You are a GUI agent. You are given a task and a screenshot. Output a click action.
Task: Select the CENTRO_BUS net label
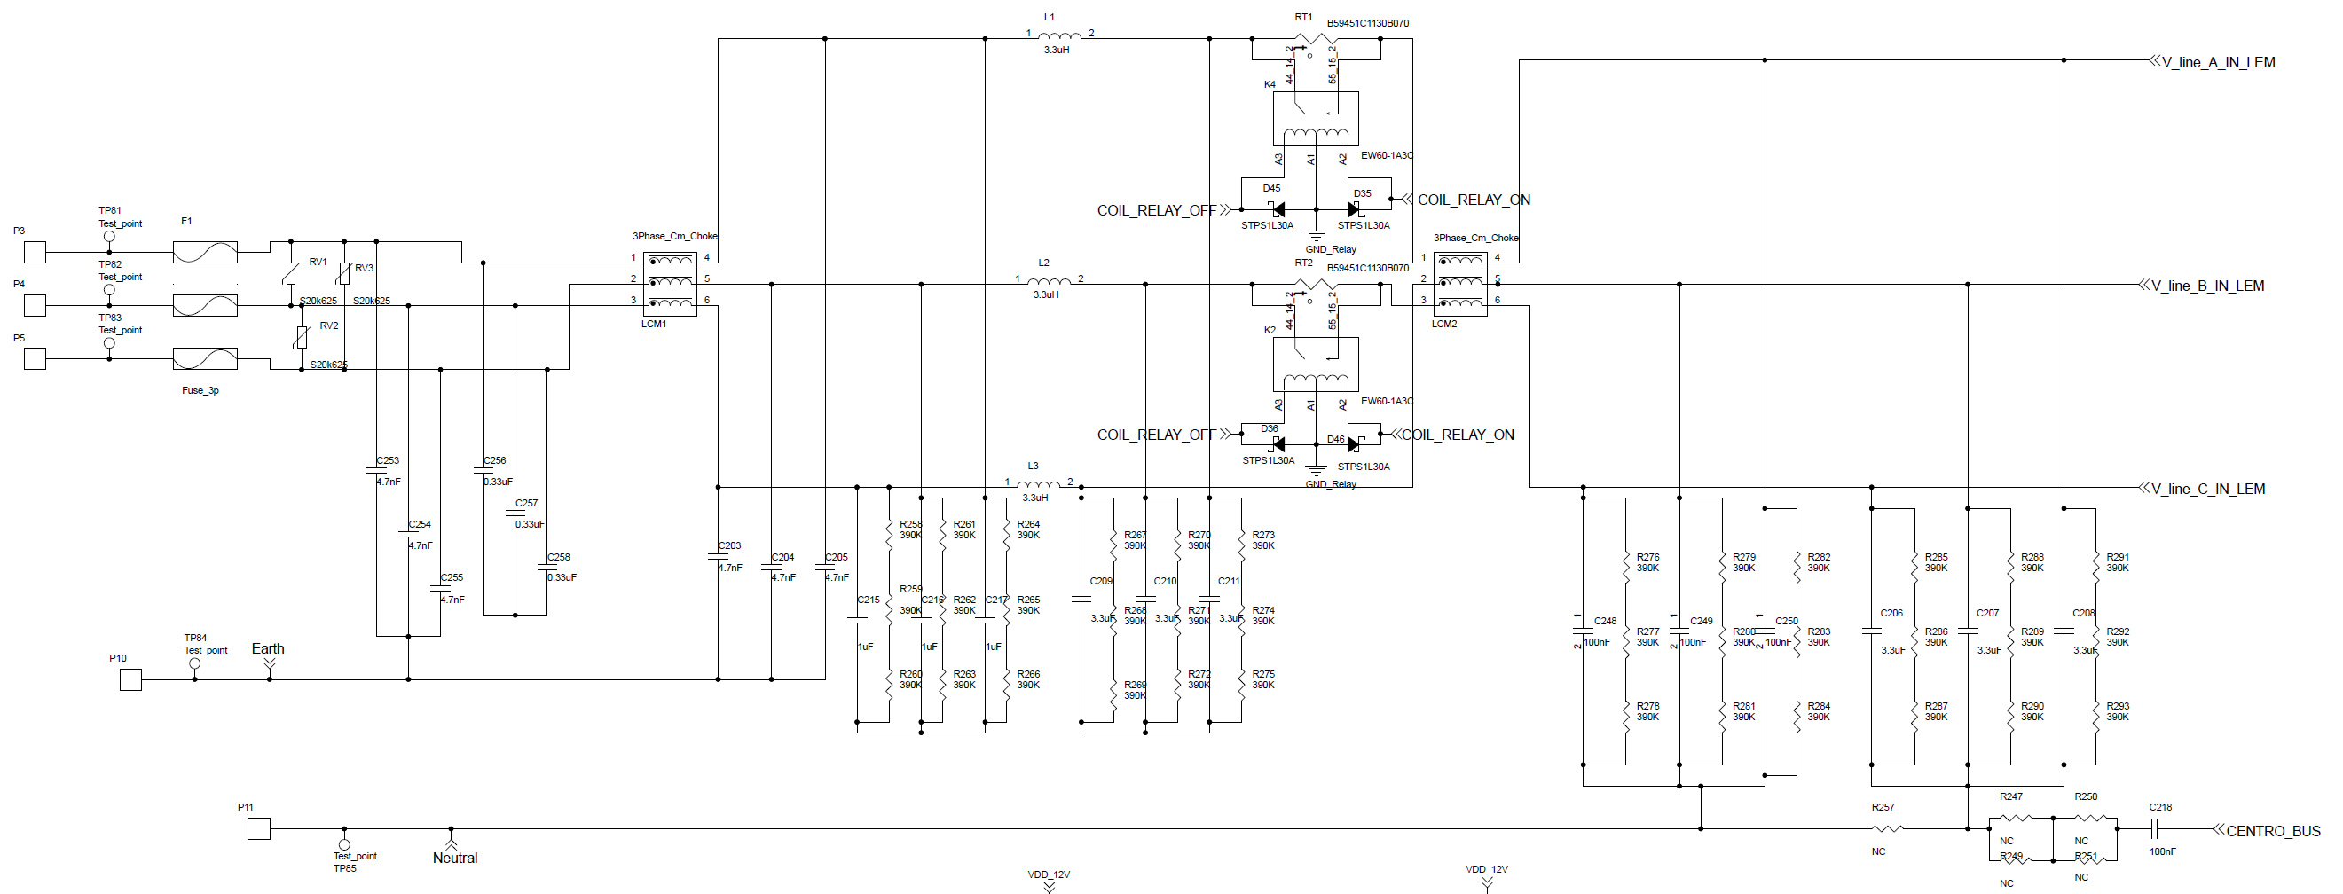pos(2272,830)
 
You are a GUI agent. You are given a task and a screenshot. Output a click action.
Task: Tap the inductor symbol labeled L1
pos(1059,35)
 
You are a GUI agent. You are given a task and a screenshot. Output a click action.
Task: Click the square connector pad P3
pos(35,252)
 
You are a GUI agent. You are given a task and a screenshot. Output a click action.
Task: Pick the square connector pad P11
pos(259,828)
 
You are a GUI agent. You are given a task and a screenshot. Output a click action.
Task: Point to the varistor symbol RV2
pos(302,337)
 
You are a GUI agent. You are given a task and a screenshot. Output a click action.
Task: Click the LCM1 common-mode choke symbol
pos(671,284)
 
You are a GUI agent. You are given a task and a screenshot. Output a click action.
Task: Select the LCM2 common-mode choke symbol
pos(1459,285)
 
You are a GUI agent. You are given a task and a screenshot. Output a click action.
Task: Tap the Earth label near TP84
pos(267,648)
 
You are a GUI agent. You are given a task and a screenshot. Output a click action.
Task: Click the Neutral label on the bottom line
pos(455,858)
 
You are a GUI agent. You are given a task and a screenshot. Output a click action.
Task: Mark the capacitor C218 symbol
pos(2153,828)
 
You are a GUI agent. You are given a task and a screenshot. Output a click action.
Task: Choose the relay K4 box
pos(1315,118)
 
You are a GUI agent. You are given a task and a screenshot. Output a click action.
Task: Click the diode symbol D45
pos(1278,210)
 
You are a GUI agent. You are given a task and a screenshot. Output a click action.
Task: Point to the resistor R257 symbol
pos(1887,828)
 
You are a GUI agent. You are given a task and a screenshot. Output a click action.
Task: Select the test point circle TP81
pos(110,237)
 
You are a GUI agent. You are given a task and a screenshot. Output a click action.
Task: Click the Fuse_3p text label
pos(200,390)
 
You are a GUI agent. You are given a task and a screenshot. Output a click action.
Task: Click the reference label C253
pos(388,460)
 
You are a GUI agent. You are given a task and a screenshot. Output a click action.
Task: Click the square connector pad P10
pos(131,679)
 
